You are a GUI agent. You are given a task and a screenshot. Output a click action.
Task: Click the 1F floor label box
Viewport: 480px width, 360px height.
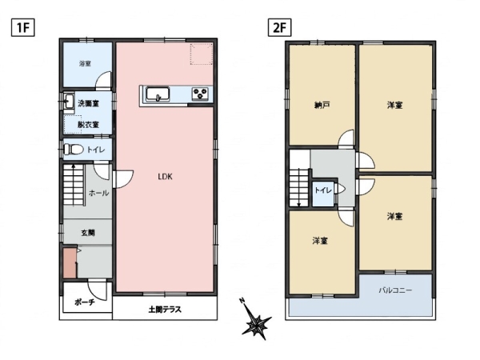pos(22,27)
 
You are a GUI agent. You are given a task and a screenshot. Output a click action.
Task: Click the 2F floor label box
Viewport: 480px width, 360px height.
pos(279,27)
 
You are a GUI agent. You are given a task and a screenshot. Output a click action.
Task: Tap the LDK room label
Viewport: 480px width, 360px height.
pos(165,177)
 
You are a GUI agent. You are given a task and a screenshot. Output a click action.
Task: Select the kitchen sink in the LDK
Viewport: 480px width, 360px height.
pos(158,94)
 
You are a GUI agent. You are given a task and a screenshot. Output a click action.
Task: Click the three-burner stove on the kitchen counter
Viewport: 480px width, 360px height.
pos(200,94)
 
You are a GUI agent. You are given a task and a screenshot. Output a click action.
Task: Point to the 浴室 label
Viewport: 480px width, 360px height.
pos(85,64)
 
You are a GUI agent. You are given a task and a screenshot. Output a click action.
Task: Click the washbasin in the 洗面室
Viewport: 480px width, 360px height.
pos(69,101)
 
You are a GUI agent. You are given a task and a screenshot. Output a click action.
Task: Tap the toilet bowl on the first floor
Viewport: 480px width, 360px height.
pos(74,150)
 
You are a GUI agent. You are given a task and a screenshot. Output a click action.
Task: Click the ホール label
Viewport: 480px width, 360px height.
pos(98,193)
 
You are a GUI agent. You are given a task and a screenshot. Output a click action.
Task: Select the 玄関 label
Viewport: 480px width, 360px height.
pos(88,233)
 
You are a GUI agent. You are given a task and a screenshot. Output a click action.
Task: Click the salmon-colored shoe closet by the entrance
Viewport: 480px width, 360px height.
pos(70,263)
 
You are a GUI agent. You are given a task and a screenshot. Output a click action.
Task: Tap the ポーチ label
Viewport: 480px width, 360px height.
pos(85,302)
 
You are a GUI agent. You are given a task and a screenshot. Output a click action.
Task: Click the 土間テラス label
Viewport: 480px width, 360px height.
pos(165,310)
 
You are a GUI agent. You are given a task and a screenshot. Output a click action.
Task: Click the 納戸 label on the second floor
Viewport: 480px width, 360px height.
pos(322,106)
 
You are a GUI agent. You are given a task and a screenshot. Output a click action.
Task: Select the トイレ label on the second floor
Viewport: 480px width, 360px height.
pos(323,190)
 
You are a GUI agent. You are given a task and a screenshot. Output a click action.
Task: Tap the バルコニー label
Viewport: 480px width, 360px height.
pos(395,290)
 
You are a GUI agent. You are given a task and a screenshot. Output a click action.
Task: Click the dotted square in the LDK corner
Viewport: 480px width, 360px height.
pos(201,54)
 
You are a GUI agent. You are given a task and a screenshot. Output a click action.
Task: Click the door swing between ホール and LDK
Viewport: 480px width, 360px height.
pos(123,179)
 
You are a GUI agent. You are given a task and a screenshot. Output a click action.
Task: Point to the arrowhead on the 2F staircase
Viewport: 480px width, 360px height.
pos(298,205)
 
